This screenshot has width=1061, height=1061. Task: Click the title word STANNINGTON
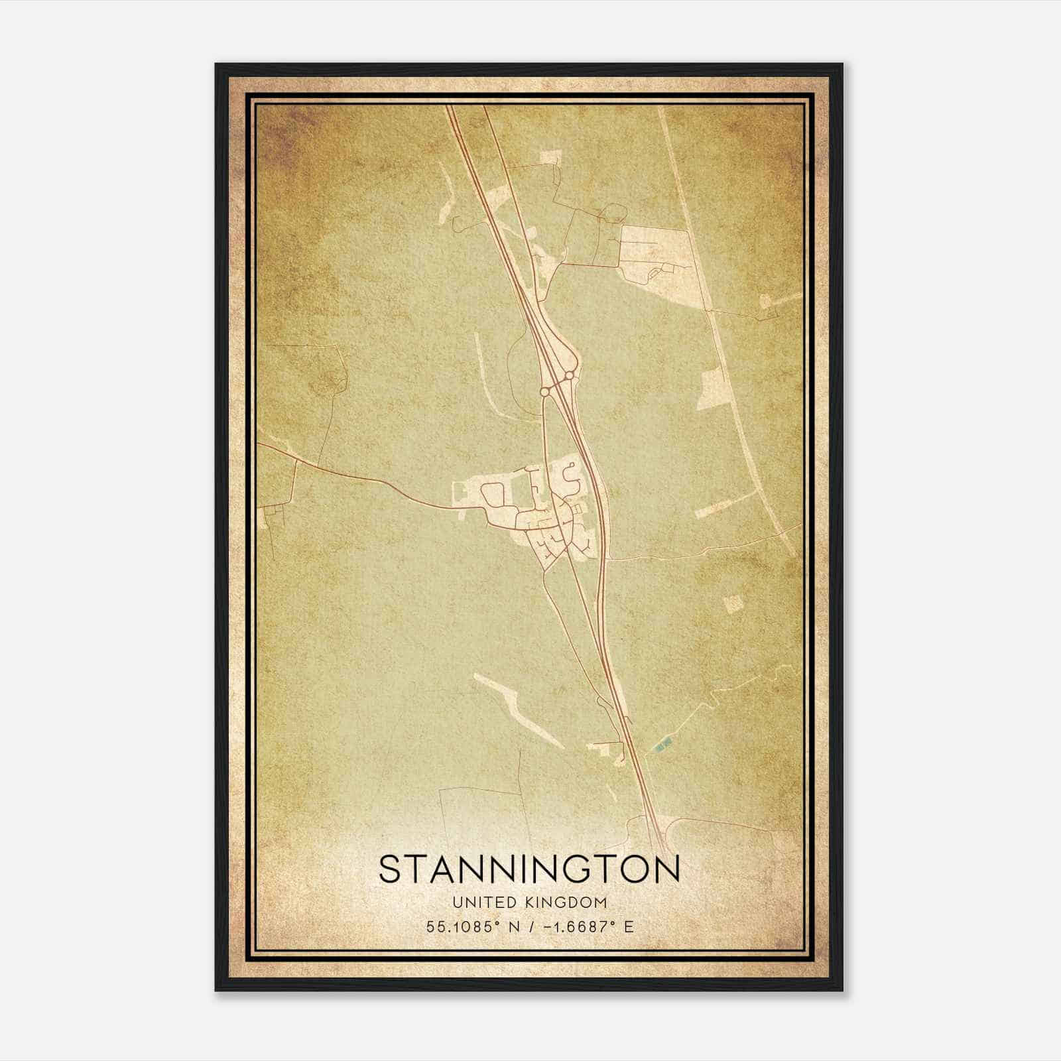coord(529,869)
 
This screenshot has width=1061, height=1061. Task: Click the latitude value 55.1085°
coord(462,926)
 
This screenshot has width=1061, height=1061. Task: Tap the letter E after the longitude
coord(629,926)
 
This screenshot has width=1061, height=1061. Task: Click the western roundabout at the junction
coord(544,392)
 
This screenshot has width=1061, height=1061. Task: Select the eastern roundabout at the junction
coord(569,376)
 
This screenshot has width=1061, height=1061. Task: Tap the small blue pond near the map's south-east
coord(660,746)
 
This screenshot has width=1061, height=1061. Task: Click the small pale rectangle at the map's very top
coord(550,156)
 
